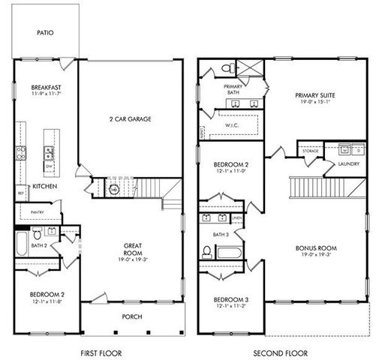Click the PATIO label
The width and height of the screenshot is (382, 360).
pyautogui.click(x=46, y=32)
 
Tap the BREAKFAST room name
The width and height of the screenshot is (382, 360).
pyautogui.click(x=46, y=87)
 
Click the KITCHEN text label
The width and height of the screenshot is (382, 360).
pyautogui.click(x=44, y=186)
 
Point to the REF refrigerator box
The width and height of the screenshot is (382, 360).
pyautogui.click(x=20, y=193)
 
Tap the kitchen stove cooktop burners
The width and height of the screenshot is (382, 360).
pyautogui.click(x=20, y=154)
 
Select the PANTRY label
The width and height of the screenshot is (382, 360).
pyautogui.click(x=37, y=213)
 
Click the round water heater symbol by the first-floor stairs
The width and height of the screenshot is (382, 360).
pyautogui.click(x=114, y=190)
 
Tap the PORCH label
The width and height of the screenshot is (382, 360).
pyautogui.click(x=132, y=316)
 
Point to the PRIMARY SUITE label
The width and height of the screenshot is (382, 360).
pyautogui.click(x=315, y=95)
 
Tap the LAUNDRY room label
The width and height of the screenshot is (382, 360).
pyautogui.click(x=347, y=163)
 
